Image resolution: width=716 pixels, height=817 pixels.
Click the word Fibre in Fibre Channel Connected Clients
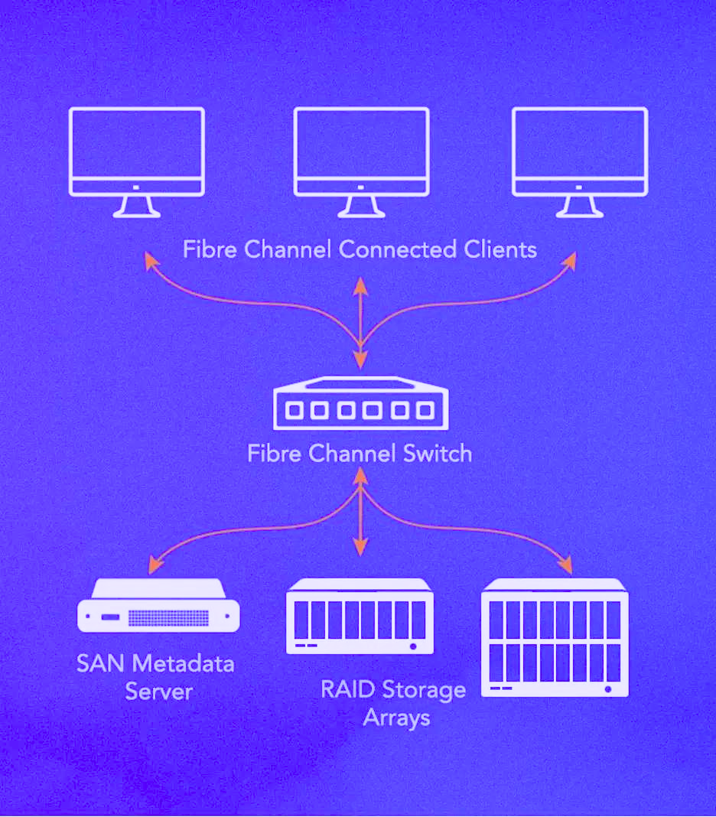click(x=208, y=249)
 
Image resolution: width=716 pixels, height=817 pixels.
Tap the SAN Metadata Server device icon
click(x=158, y=605)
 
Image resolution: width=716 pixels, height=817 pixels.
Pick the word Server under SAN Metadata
click(x=158, y=692)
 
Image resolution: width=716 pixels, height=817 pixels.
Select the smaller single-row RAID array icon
click(x=360, y=617)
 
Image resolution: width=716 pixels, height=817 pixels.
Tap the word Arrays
click(x=396, y=718)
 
